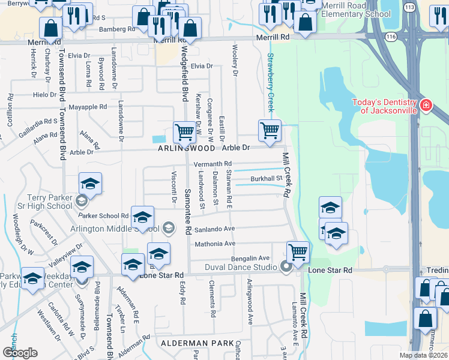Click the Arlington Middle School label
click(x=120, y=228)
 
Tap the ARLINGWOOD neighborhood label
click(x=186, y=148)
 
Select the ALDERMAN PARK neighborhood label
click(x=193, y=343)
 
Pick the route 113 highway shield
click(x=409, y=7)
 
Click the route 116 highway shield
click(x=391, y=37)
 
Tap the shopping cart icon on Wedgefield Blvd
click(x=184, y=132)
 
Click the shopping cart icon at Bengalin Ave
click(x=297, y=251)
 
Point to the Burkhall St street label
click(x=266, y=178)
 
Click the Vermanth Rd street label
click(x=212, y=164)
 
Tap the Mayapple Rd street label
click(x=88, y=107)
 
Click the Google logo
click(x=20, y=353)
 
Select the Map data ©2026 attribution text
click(x=424, y=355)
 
